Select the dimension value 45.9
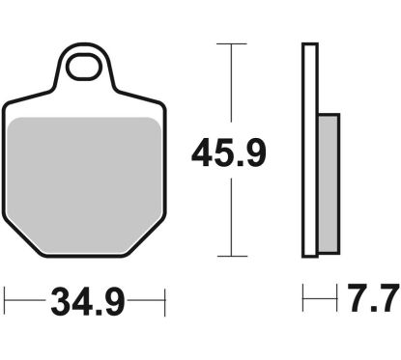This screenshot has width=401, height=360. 228,152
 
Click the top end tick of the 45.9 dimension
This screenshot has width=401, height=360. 227,43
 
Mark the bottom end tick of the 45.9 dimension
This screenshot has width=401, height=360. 227,256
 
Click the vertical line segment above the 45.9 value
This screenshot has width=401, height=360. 227,87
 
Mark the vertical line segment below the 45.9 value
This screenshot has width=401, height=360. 227,217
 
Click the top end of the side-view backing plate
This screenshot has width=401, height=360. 309,45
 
